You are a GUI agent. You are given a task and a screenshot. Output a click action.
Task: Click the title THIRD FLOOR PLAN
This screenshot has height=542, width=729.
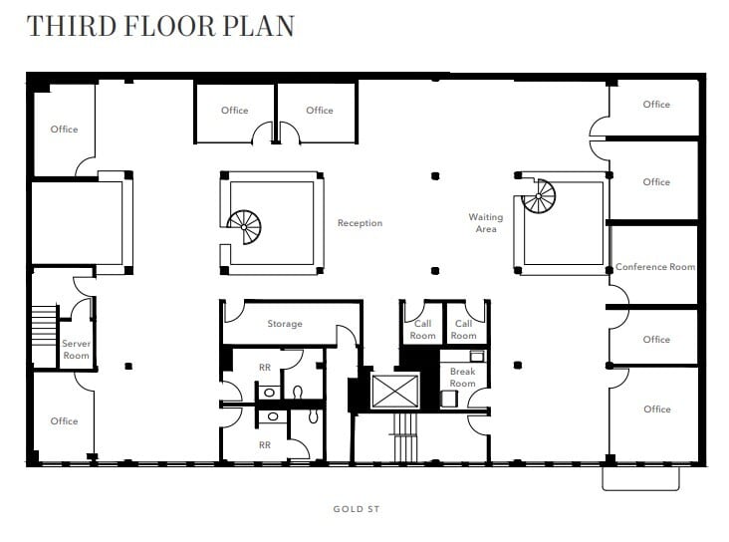pyautogui.click(x=160, y=26)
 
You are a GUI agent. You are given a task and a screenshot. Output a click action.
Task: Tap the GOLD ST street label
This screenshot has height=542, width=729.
pyautogui.click(x=357, y=509)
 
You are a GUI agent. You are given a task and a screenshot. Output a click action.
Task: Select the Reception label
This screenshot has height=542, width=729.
pyautogui.click(x=360, y=223)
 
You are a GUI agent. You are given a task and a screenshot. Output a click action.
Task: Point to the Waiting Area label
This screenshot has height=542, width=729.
pyautogui.click(x=486, y=223)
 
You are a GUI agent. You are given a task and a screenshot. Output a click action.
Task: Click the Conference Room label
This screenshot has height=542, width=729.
pyautogui.click(x=655, y=267)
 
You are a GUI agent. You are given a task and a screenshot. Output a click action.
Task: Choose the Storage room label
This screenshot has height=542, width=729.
pyautogui.click(x=285, y=324)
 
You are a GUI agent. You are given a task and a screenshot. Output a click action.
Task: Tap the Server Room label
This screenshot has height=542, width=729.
pyautogui.click(x=76, y=350)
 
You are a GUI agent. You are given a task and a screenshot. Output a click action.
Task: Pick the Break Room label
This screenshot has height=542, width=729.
pyautogui.click(x=463, y=378)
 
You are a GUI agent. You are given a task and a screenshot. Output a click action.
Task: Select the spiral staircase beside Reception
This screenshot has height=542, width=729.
pyautogui.click(x=244, y=226)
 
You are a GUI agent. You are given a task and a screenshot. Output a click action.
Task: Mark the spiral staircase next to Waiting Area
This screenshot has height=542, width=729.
pyautogui.click(x=539, y=196)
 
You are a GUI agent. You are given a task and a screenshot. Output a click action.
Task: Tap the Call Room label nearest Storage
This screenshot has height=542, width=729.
pyautogui.click(x=423, y=330)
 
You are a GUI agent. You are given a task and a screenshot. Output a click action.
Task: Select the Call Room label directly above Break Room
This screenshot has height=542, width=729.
pyautogui.click(x=464, y=330)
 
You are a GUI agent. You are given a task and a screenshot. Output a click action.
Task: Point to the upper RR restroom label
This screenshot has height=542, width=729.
pyautogui.click(x=265, y=368)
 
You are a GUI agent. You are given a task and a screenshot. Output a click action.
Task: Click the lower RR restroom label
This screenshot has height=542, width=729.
pyautogui.click(x=265, y=445)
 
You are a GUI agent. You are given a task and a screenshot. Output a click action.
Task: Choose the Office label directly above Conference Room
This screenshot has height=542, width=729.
pyautogui.click(x=656, y=182)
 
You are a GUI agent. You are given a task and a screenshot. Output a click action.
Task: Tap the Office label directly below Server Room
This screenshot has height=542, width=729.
pyautogui.click(x=64, y=421)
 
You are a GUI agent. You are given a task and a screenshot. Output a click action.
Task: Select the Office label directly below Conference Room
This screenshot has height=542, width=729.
pyautogui.click(x=656, y=340)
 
